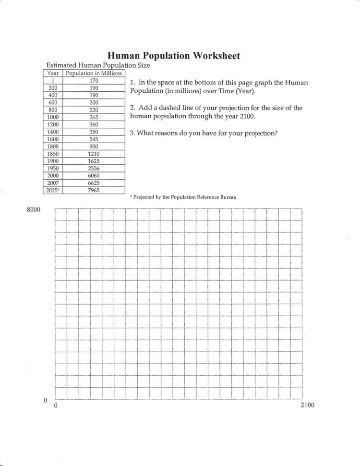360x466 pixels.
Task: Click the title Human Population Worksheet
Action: coord(173,56)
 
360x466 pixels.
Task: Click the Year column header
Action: coord(53,74)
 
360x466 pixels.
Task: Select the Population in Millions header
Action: coord(94,74)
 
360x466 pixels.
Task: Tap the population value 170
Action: coord(94,81)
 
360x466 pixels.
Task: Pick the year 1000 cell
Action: coord(53,117)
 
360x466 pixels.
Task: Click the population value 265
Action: coord(94,117)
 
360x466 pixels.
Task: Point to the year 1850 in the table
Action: coord(53,154)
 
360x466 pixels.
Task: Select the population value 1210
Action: coord(94,154)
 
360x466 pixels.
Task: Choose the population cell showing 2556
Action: coord(94,168)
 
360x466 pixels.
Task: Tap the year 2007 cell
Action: coord(53,183)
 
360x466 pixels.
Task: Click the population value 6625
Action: coord(94,183)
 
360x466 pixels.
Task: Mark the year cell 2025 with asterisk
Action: coord(53,190)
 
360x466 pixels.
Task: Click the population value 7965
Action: coord(94,190)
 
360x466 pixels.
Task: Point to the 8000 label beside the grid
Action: coord(33,210)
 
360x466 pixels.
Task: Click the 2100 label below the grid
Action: coord(307,405)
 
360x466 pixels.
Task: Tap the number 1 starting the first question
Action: coord(132,83)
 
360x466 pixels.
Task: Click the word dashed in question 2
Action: coord(167,108)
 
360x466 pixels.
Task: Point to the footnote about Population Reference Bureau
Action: coord(183,197)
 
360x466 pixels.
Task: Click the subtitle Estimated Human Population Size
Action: coord(98,65)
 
